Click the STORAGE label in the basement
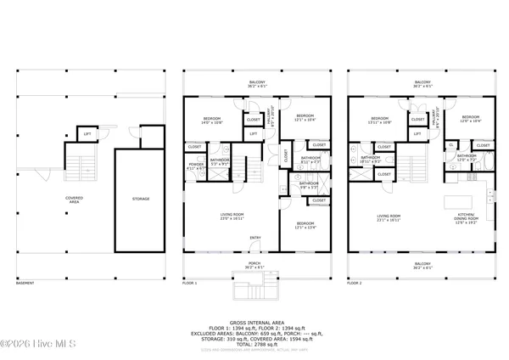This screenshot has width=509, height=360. click(x=140, y=199)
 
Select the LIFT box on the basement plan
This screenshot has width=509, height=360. click(x=87, y=133)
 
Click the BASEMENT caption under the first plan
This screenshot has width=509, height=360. click(x=26, y=283)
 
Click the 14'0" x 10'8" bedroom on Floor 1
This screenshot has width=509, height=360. click(x=213, y=120)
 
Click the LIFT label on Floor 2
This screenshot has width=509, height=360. click(x=417, y=133)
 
